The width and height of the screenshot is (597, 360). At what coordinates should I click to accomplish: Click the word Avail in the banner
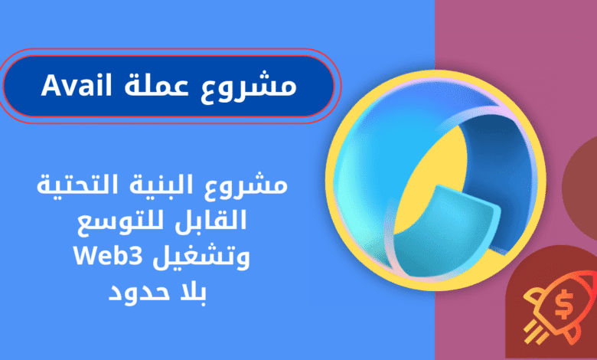(x=77, y=85)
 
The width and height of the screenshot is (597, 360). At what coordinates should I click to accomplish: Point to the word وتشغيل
(x=202, y=258)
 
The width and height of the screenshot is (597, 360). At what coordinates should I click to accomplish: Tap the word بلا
(x=190, y=292)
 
